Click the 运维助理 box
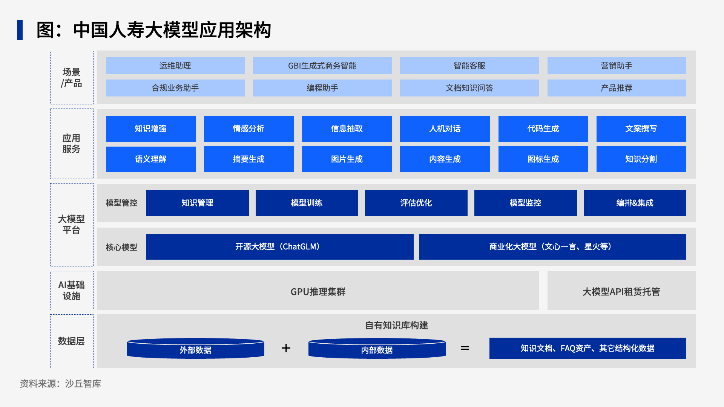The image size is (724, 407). point(175,66)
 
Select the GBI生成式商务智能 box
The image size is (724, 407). point(322,66)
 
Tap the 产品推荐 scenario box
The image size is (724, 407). point(617,88)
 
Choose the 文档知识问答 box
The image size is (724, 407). point(469,88)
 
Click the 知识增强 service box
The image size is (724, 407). point(150,129)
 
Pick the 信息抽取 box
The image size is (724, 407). point(347,129)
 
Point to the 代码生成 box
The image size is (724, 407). point(543,129)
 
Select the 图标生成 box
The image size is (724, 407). point(543,159)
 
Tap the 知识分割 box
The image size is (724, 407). point(641,159)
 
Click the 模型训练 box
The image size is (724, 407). point(307,203)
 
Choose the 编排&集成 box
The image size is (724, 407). point(635,203)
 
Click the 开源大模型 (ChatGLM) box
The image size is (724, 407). point(280,247)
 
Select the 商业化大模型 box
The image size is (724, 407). point(552,247)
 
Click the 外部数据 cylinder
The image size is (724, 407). point(195,348)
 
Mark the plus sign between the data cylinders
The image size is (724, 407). point(286,348)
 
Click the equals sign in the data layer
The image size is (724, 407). point(465,348)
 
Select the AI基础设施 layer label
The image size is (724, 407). point(72,291)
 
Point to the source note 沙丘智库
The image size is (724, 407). point(83,384)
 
